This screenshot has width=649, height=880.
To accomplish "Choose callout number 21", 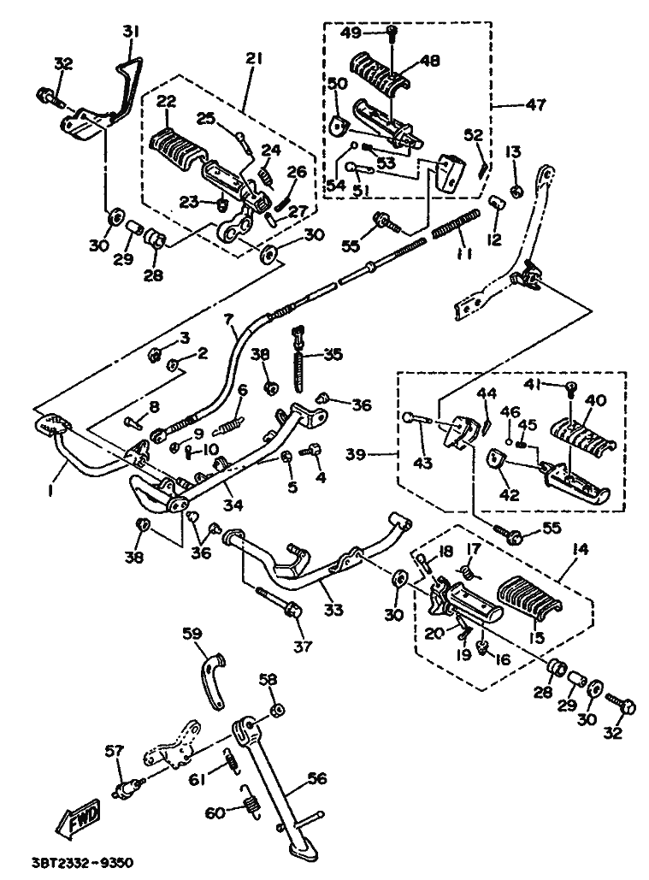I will [x=254, y=58].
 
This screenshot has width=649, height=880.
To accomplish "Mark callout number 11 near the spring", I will [x=463, y=255].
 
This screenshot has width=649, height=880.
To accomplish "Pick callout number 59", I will [x=191, y=635].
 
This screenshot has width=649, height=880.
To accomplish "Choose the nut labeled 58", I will [x=276, y=711].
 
